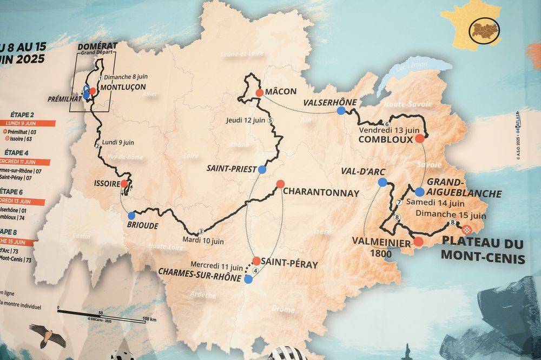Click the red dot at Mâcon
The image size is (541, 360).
click(x=260, y=93)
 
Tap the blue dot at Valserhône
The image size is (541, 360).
click(x=341, y=111)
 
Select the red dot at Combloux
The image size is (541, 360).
click(x=419, y=138)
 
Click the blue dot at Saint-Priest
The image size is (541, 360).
click(x=262, y=169)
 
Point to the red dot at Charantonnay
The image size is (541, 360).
click(x=280, y=184)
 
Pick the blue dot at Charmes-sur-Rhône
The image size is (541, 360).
click(x=248, y=279)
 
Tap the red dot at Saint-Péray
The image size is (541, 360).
click(x=256, y=261)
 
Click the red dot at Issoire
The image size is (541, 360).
click(x=124, y=184)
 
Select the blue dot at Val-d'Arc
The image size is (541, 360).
click(x=382, y=182)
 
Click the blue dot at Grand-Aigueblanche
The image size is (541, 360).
click(x=420, y=191)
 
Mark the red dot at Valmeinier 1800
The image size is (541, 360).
click(x=418, y=242)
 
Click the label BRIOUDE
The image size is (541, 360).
click(x=143, y=226)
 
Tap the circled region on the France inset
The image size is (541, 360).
click(x=484, y=29)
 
